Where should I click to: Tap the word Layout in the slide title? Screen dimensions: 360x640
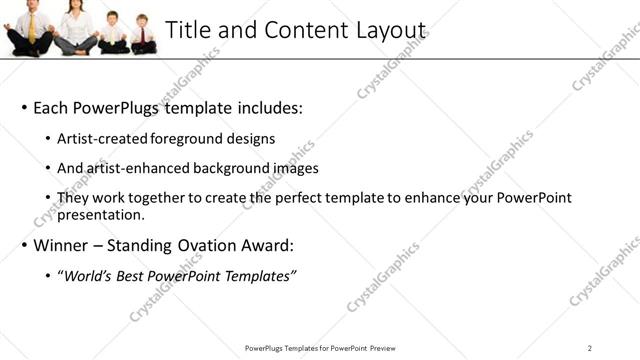pyautogui.click(x=389, y=30)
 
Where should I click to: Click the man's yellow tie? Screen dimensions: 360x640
pyautogui.click(x=32, y=28)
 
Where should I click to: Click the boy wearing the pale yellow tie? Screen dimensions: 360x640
pyautogui.click(x=112, y=33)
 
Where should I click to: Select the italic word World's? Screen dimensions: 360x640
pyautogui.click(x=86, y=275)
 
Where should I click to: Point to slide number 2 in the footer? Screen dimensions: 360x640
pyautogui.click(x=590, y=348)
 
